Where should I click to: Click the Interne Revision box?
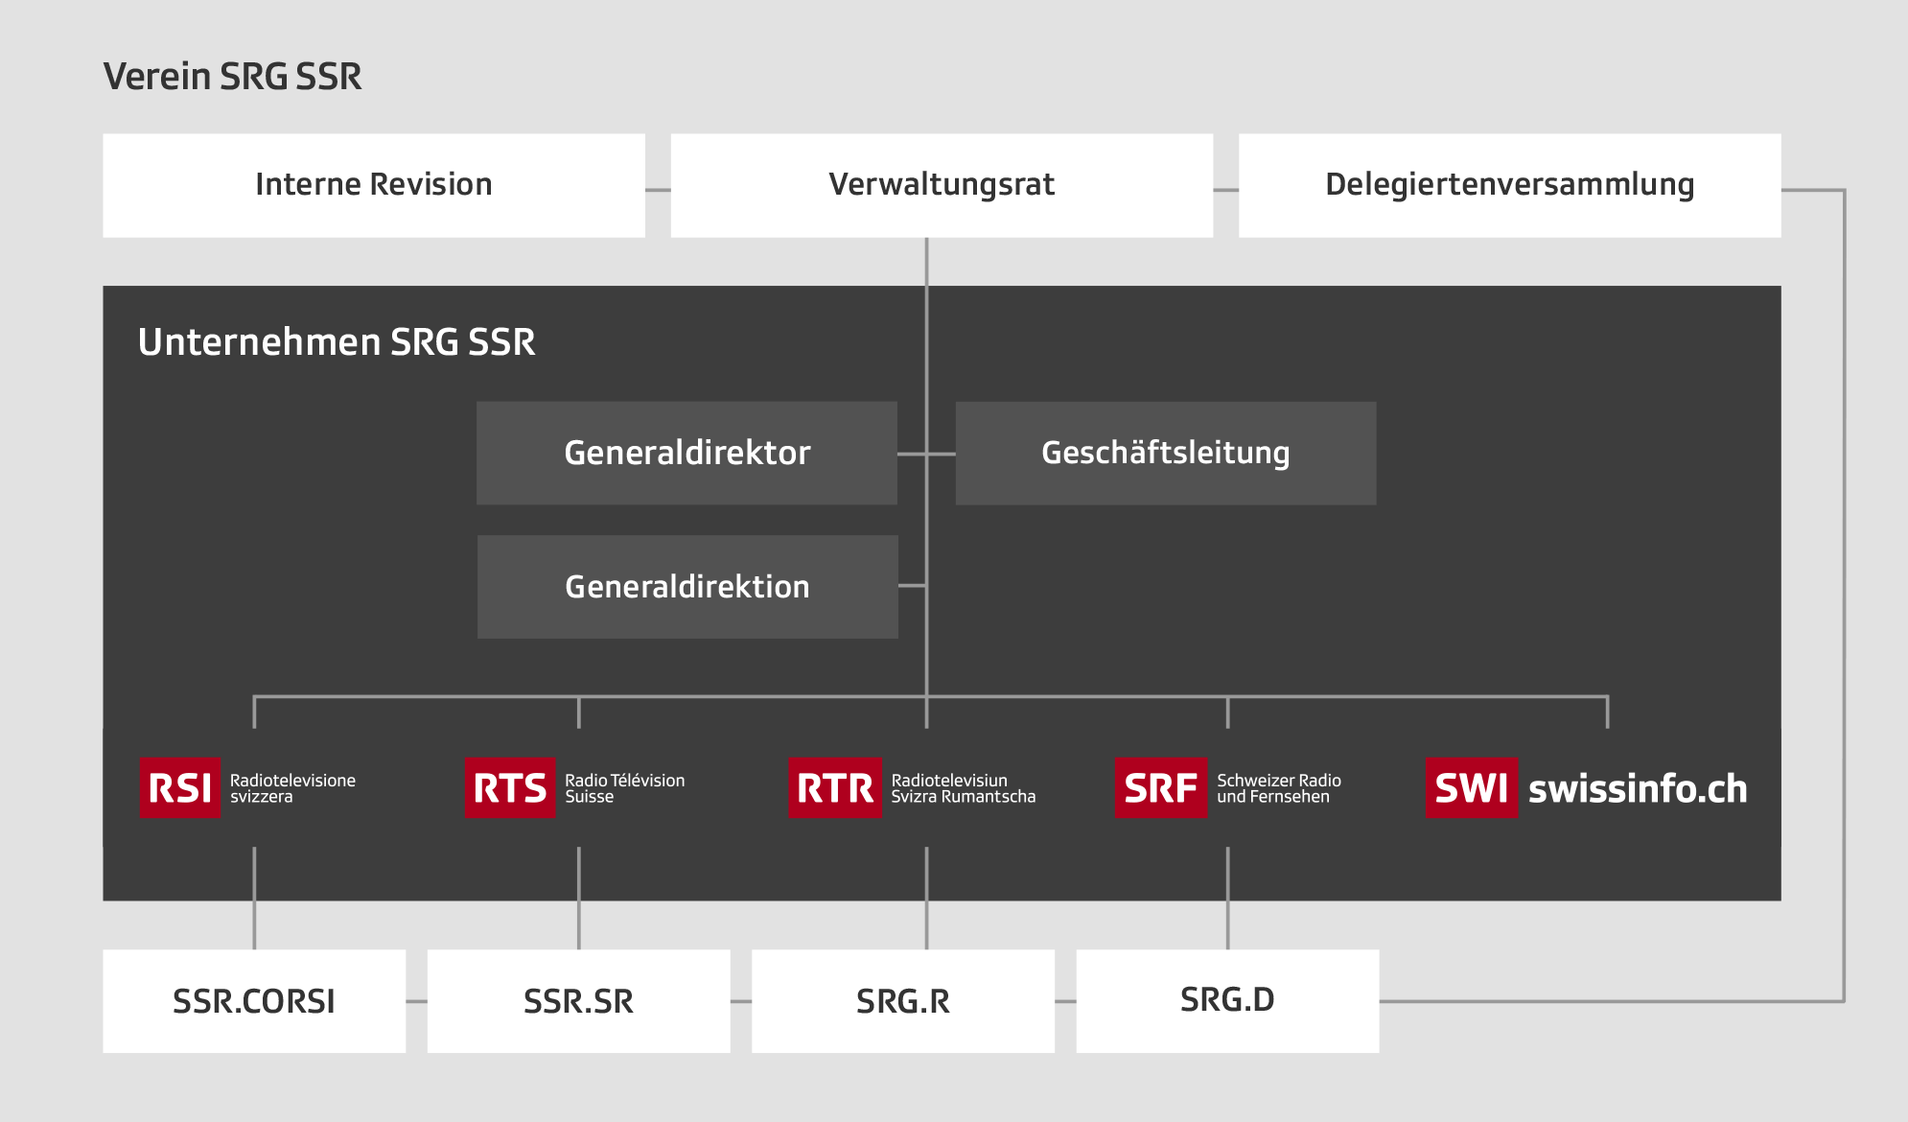point(374,185)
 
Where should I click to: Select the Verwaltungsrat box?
point(942,185)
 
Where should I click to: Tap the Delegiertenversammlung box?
point(1510,185)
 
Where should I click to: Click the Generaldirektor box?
point(686,453)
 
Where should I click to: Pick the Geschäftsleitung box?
point(1166,453)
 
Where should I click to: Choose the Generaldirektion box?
point(687,587)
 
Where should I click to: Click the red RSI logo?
point(179,788)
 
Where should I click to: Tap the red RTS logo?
point(510,788)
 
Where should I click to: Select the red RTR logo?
point(835,788)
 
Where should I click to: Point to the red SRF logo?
point(1161,788)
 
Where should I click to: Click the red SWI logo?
point(1472,788)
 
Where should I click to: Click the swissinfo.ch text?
point(1638,789)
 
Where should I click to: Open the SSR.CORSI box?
point(254,1001)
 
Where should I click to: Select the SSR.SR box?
point(578,1001)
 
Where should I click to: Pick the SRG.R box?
point(903,1001)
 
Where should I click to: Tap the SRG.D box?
point(1227,1001)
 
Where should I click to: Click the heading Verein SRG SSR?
point(233,77)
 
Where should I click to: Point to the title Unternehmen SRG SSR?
point(337,342)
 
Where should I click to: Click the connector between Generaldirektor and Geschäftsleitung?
point(926,454)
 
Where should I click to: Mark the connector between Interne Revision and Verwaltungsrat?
point(658,190)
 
